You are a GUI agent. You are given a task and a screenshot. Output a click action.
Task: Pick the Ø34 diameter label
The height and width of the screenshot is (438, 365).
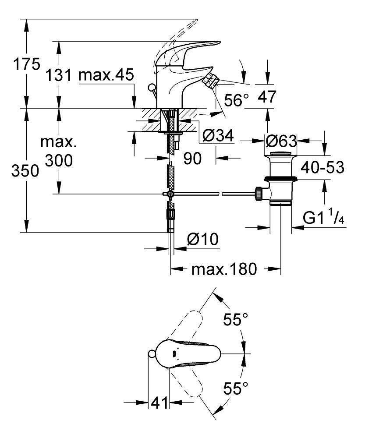218,137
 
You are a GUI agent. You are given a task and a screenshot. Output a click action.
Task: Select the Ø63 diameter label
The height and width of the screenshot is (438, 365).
282,141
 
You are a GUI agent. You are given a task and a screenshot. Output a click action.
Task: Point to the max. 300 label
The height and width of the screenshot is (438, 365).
58,152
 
